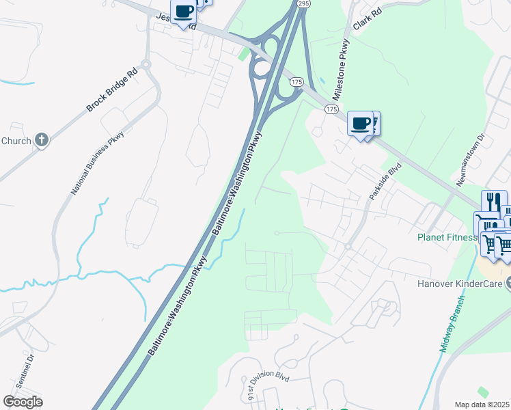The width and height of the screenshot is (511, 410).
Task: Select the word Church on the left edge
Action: coord(16,141)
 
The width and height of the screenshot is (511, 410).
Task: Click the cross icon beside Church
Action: coord(42,141)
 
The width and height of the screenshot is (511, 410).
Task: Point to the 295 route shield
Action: coord(304,4)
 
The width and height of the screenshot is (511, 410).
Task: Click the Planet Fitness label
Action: coord(446,238)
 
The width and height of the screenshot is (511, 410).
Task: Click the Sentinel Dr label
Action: coord(29,368)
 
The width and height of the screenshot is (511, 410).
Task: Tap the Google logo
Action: coord(23,402)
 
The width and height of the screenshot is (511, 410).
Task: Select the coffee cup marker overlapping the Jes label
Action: coord(183,12)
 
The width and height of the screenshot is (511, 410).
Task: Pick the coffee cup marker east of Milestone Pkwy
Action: coord(360,124)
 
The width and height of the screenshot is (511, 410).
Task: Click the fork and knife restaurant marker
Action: coord(494,202)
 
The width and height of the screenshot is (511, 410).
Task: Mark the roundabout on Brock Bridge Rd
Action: coord(146,65)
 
